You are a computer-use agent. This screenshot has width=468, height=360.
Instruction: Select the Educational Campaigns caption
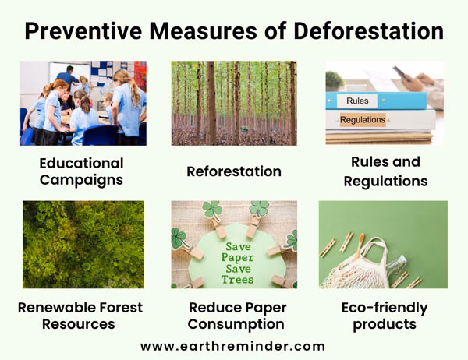[81, 171]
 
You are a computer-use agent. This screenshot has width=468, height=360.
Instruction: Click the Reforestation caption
[233, 171]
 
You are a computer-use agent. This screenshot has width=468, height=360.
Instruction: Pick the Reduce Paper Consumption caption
[236, 316]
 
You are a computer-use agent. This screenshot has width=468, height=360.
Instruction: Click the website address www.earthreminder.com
[232, 345]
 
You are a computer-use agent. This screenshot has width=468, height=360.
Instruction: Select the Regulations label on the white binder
[363, 119]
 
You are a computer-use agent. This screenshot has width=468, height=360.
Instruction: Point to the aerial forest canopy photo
[83, 244]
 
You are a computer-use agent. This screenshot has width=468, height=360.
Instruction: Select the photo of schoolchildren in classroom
[83, 103]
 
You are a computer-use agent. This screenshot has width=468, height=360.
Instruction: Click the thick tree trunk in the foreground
[211, 103]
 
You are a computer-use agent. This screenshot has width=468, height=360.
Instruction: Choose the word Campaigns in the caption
[81, 180]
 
